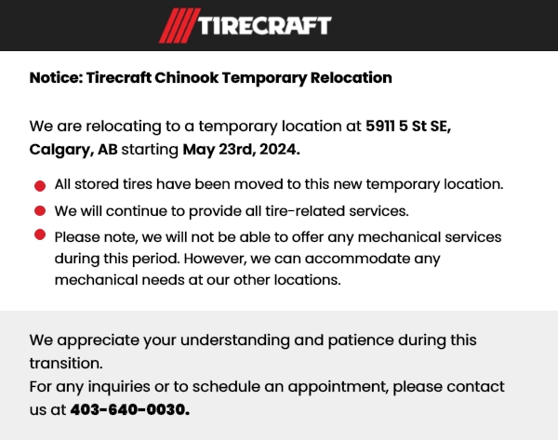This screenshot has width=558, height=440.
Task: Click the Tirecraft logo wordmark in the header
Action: (264, 26)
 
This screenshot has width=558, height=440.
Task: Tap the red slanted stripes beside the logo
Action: (179, 26)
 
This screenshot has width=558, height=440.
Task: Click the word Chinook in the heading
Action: (187, 77)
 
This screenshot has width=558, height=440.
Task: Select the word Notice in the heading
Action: (56, 77)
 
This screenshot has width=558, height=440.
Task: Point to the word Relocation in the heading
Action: (352, 77)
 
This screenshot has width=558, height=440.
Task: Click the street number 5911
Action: (380, 126)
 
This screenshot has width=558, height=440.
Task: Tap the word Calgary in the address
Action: (61, 150)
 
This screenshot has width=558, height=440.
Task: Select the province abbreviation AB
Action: (108, 149)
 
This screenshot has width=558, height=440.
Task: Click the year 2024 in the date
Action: (279, 149)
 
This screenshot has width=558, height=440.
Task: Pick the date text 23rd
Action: (235, 149)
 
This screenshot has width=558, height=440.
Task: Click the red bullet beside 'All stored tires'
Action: (40, 186)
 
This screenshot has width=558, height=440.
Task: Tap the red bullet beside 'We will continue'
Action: (40, 211)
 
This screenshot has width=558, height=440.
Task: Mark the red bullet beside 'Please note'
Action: (40, 234)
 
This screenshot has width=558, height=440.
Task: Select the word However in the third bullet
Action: (215, 259)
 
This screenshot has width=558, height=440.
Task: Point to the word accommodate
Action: (357, 259)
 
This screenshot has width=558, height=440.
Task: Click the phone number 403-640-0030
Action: (130, 409)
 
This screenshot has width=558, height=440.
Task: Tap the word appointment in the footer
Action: (339, 387)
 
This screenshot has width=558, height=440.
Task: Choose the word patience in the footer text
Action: (361, 340)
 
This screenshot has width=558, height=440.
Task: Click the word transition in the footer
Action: (66, 364)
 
